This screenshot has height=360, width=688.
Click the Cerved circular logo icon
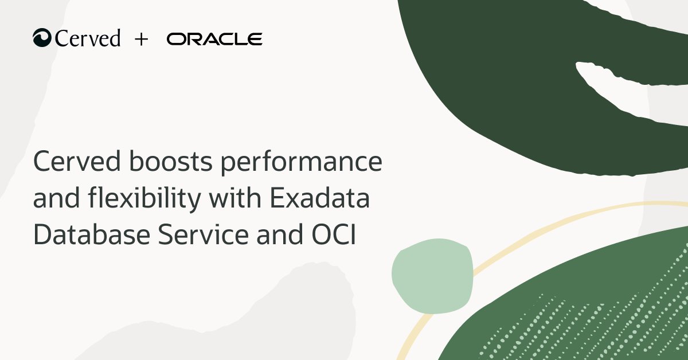coord(42,38)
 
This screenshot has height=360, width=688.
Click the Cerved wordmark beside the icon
coord(88,38)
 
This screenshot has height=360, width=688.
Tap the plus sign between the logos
coord(141,39)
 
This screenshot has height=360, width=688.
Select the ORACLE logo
coord(214,39)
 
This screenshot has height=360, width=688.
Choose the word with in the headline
coord(234,199)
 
